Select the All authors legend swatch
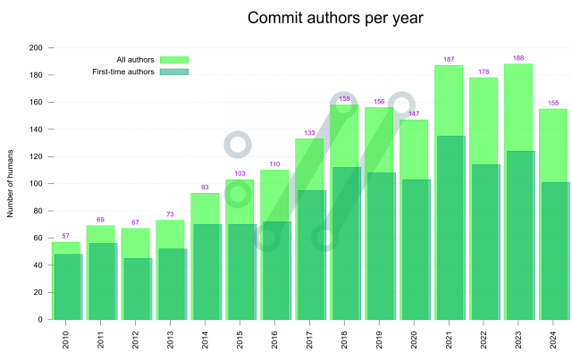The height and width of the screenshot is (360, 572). point(174,60)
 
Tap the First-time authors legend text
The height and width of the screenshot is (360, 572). point(123,71)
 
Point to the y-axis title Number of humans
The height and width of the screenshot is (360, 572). point(11,184)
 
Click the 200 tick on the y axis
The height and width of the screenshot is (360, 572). point(36,47)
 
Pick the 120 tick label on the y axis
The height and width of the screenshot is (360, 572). point(36,156)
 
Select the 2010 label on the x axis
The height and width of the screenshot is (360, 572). point(66,340)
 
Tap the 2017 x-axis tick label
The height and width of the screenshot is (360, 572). point(310,340)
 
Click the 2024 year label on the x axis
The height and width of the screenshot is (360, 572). point(554,340)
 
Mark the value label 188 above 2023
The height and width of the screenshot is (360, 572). point(518,58)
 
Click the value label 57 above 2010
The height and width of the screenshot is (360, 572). point(66,236)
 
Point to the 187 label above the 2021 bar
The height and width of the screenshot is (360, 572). point(449,60)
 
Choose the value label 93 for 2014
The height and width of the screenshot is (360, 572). point(206,187)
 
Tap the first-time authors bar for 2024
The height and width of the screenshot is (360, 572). point(556,251)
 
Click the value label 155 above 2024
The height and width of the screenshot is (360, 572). point(553,103)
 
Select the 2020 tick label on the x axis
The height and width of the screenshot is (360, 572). point(415,340)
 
